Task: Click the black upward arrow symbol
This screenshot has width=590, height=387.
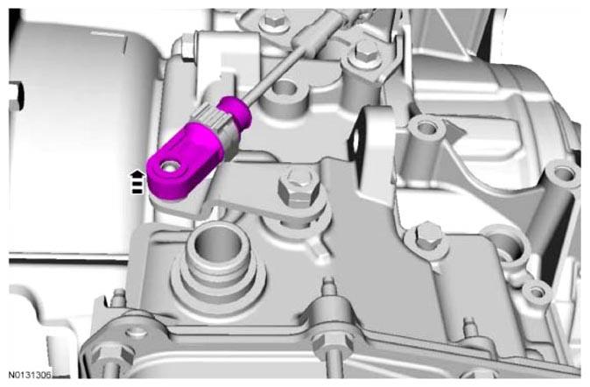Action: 137,182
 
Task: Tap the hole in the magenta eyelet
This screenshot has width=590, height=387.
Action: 169,165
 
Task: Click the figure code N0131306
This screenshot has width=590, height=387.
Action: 30,375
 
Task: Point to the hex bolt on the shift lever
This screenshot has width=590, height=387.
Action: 299,188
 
